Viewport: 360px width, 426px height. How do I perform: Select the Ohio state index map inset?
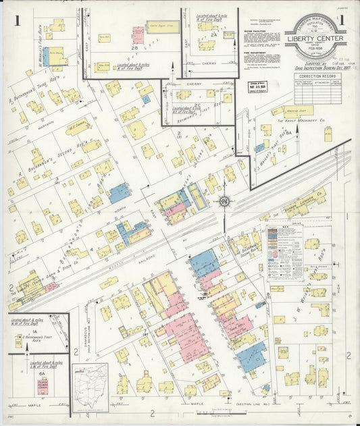[x=91, y=388]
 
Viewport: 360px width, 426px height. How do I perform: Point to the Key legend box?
[x=284, y=252]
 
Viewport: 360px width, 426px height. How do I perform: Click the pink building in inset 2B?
[x=138, y=34]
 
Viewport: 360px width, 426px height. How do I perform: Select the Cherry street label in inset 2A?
[x=209, y=63]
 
